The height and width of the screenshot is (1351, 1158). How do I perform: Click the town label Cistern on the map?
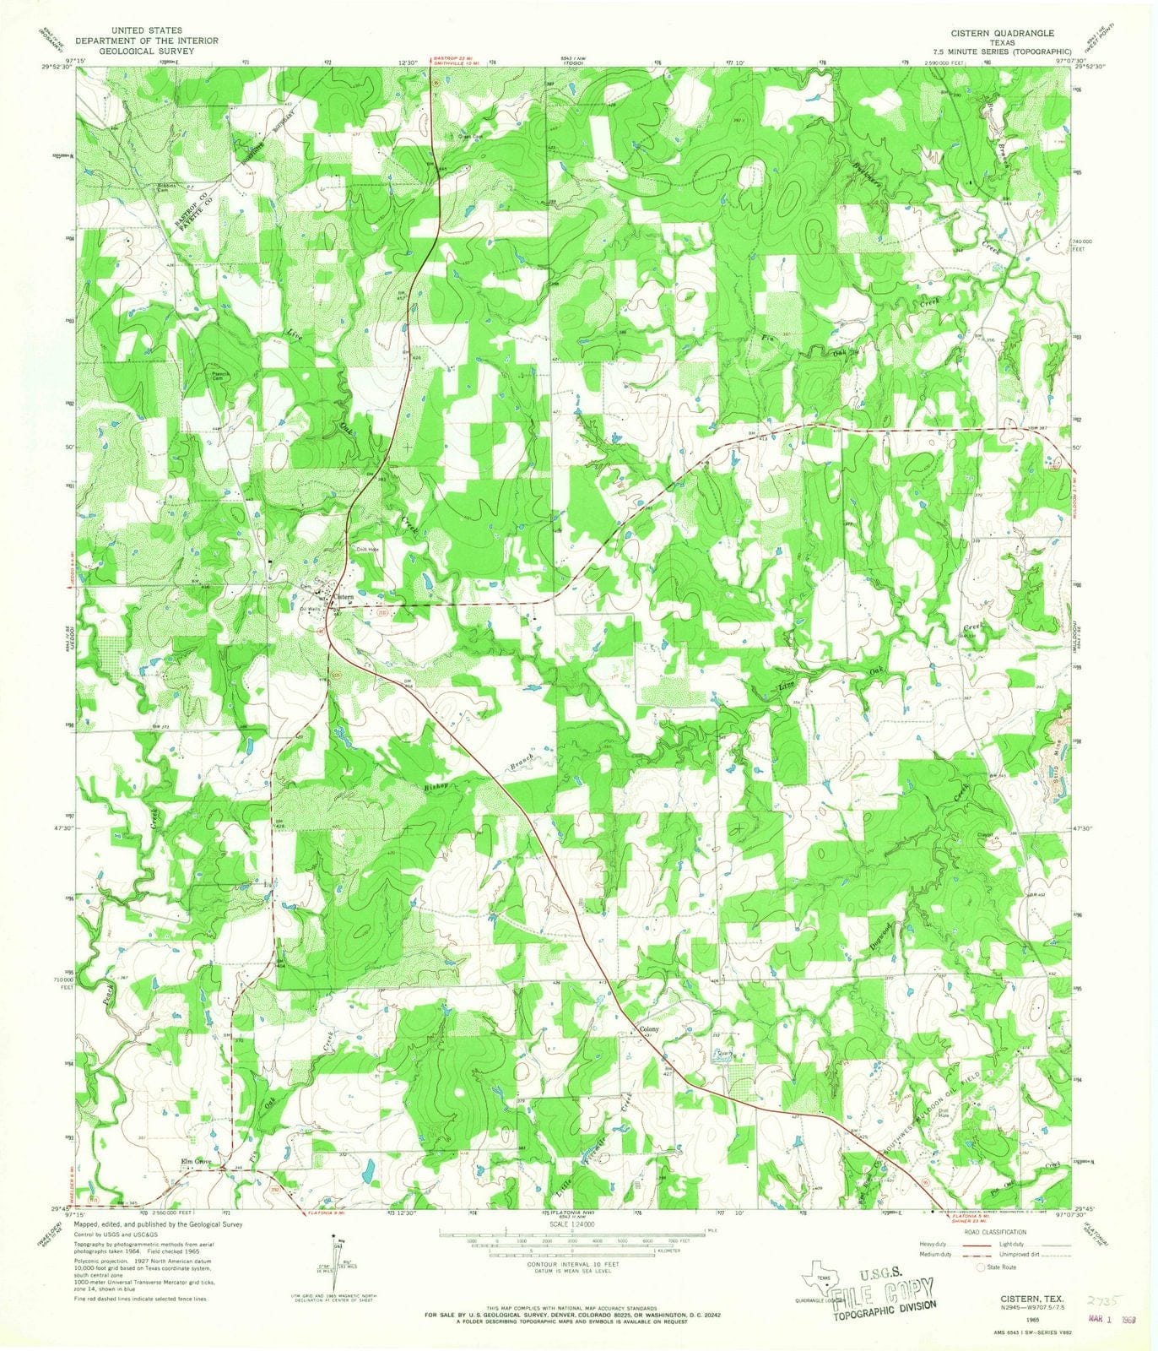tap(343, 597)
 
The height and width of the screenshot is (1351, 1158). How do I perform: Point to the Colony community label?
tap(648, 1030)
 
